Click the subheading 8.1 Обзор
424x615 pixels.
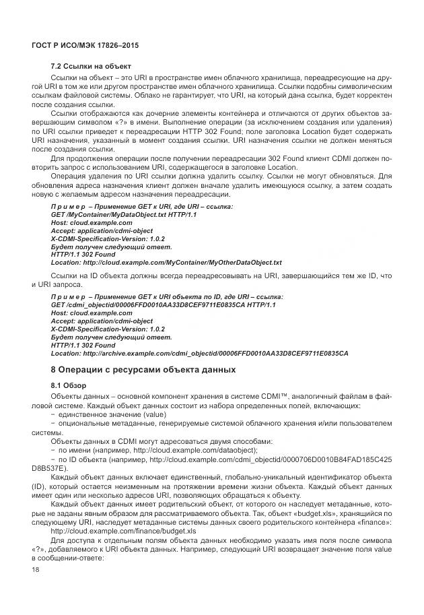click(69, 385)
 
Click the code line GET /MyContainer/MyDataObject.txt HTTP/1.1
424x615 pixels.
click(124, 214)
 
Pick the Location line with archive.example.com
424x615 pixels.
click(199, 353)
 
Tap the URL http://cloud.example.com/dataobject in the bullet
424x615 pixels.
click(201, 449)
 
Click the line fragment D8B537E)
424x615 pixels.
click(50, 466)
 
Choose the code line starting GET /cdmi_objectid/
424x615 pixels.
click(164, 304)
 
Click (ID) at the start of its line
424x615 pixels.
click(39, 486)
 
